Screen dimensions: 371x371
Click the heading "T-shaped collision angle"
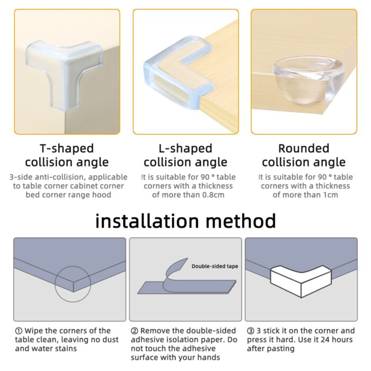click(x=67, y=155)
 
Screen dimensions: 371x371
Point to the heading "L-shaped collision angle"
click(x=185, y=155)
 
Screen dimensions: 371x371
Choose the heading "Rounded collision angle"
click(x=303, y=155)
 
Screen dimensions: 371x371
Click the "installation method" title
click(x=185, y=220)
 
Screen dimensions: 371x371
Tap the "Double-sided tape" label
click(x=215, y=266)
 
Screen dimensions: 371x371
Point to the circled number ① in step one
click(x=19, y=331)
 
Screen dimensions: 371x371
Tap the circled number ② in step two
click(x=134, y=331)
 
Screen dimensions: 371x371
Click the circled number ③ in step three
click(x=250, y=331)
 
